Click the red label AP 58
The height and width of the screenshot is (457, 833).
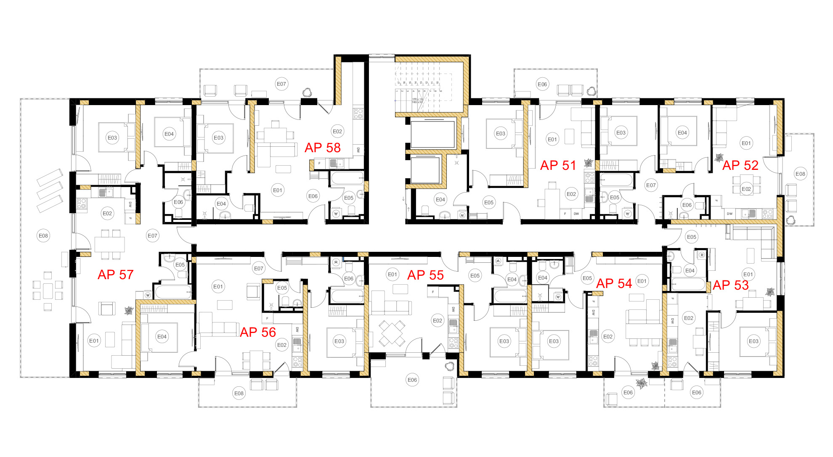[322, 148]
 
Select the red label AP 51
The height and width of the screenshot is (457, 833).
[558, 166]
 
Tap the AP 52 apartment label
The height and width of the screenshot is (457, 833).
[740, 166]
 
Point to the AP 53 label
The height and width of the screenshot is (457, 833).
[731, 285]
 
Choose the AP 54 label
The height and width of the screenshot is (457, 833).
[614, 284]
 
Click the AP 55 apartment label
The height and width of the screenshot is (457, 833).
[425, 275]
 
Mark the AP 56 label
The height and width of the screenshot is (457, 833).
[257, 333]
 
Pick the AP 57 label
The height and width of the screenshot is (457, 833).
[115, 275]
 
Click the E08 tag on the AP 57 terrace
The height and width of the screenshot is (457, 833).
[43, 236]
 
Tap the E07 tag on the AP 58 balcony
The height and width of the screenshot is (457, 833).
[281, 84]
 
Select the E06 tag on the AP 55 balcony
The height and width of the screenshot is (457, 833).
[412, 380]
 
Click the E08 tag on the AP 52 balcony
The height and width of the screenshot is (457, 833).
[800, 174]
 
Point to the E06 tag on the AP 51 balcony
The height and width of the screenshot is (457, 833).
[542, 85]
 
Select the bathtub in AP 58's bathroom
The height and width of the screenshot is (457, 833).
[347, 178]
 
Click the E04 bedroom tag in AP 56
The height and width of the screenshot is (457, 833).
[162, 337]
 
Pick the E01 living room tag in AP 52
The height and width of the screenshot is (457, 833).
[746, 143]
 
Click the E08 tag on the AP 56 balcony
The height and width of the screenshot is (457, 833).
[239, 394]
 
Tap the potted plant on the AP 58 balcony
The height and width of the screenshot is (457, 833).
[307, 92]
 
